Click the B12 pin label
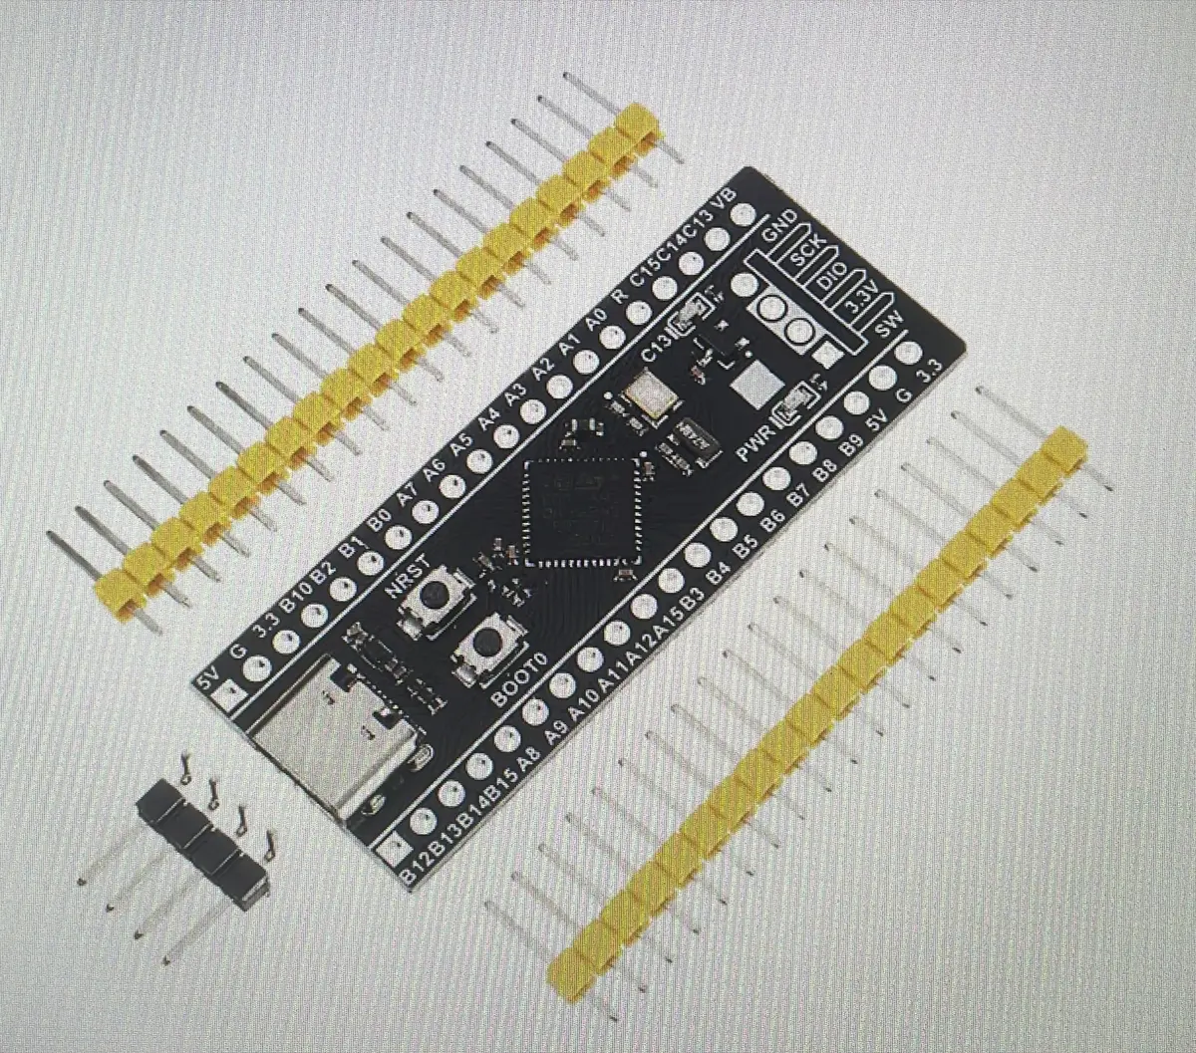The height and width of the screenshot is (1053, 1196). [412, 860]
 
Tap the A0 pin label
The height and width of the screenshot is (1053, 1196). [596, 322]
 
